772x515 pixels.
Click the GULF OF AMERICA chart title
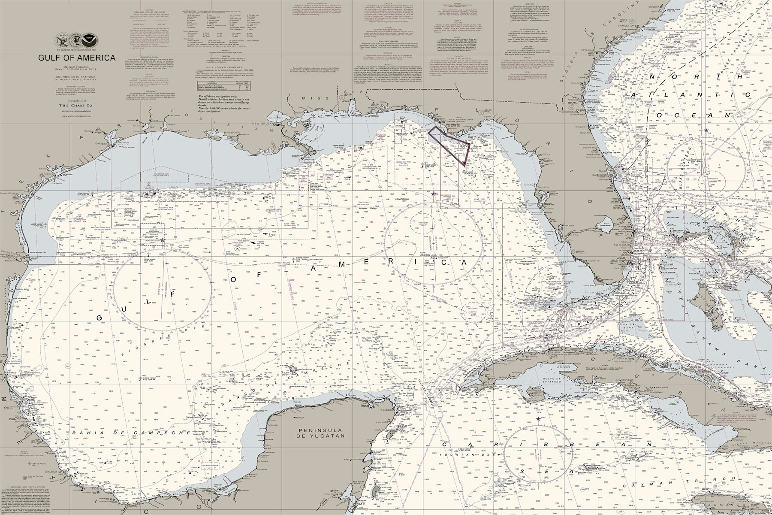coord(77,58)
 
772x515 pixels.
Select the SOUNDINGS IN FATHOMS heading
coord(77,77)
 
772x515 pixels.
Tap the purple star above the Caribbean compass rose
coord(539,418)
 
